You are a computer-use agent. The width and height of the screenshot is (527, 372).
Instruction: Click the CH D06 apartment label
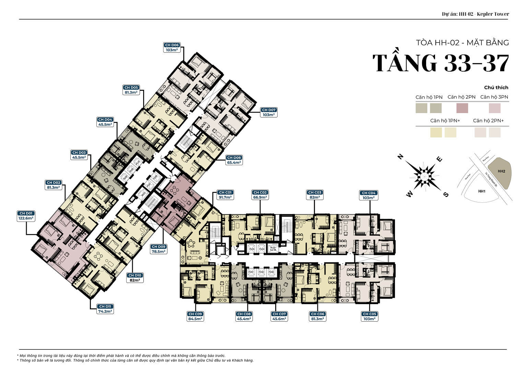(x=172, y=48)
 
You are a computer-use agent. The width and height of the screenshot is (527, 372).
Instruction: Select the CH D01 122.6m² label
(x=26, y=216)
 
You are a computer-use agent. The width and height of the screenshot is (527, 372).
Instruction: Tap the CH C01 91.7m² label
(x=225, y=195)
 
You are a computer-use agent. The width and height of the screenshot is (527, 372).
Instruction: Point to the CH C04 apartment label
(x=369, y=195)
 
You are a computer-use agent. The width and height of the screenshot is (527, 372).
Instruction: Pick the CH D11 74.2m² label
(x=105, y=309)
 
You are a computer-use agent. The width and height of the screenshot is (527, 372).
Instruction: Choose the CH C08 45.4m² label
(x=244, y=316)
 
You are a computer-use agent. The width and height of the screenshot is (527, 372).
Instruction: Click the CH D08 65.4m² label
(x=234, y=160)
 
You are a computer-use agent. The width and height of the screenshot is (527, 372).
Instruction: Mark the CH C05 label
(x=369, y=316)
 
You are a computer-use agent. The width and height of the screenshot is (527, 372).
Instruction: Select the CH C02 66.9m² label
(x=260, y=195)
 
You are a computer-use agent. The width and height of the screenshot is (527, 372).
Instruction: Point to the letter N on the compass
(x=400, y=157)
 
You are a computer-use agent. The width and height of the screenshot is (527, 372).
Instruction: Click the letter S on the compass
(x=446, y=195)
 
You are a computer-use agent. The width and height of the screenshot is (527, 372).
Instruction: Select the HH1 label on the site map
(x=482, y=191)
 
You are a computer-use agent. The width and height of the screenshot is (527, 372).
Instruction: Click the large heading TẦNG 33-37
(x=441, y=63)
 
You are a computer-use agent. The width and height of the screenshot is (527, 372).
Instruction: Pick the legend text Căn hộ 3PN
(x=494, y=97)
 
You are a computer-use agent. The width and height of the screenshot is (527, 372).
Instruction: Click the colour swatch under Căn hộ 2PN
(x=462, y=108)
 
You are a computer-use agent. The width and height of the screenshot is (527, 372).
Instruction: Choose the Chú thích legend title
(x=496, y=87)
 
